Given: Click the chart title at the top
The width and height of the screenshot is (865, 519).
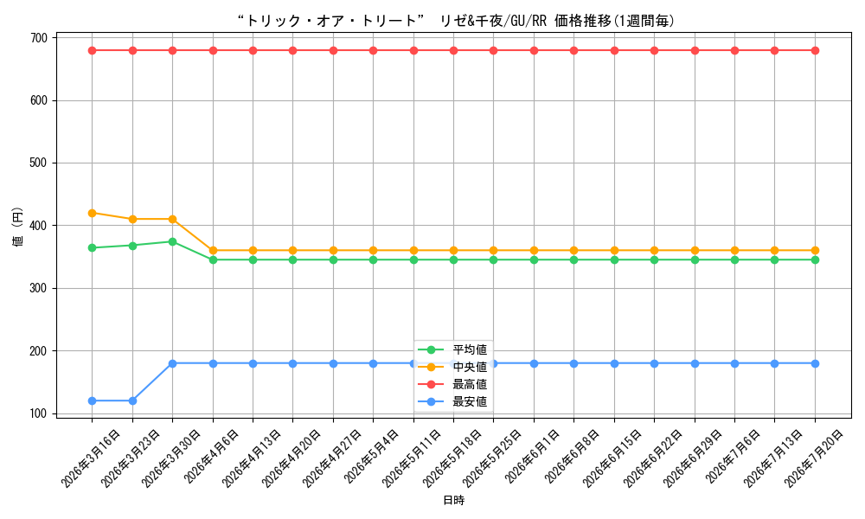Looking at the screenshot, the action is [456, 21].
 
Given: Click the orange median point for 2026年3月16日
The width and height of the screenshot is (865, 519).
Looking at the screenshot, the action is [93, 213].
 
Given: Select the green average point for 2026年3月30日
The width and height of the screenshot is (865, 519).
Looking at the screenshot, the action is [173, 241].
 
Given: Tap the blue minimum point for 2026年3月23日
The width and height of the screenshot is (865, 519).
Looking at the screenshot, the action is [132, 401].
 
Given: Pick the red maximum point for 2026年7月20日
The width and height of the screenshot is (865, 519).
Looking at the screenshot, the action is [815, 51].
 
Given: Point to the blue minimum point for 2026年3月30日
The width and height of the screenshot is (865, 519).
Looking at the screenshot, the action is [173, 363].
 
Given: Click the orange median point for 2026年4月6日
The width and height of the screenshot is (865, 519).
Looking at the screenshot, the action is [213, 250].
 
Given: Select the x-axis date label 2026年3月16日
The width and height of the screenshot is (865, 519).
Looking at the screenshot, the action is [90, 459].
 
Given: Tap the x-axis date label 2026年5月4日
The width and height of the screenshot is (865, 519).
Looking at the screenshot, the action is [371, 457].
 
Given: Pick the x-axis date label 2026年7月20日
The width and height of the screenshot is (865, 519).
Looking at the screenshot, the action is [813, 459].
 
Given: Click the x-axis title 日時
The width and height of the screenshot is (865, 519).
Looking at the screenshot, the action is [453, 501].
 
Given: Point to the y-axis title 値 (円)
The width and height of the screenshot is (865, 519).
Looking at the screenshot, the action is [17, 226].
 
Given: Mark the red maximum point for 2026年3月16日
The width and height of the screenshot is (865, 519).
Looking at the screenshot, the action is [93, 51].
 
